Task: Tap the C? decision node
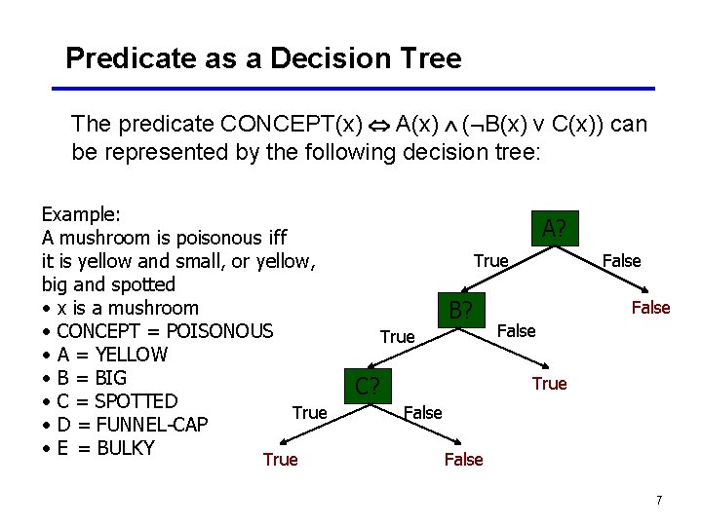click(x=368, y=386)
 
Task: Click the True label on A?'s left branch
click(x=490, y=261)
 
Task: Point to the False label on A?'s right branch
click(x=621, y=261)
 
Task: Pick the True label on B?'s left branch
click(x=397, y=337)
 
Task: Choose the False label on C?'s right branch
click(x=422, y=413)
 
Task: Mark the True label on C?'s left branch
click(x=309, y=413)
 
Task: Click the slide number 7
click(x=659, y=500)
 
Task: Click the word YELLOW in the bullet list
click(x=132, y=355)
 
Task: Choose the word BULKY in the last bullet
click(x=126, y=448)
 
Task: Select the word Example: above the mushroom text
click(x=80, y=214)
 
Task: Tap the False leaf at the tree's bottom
click(x=463, y=460)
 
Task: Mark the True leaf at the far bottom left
click(x=280, y=460)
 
